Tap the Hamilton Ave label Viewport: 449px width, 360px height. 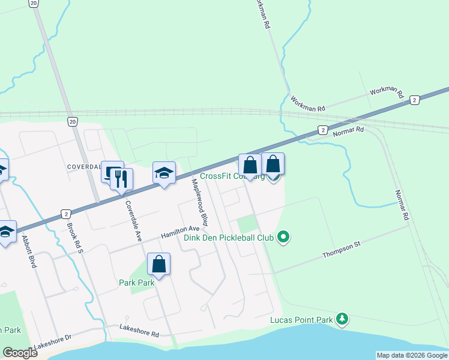179,233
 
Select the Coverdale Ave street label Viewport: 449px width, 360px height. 133,221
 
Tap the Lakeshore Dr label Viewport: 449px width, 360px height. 53,341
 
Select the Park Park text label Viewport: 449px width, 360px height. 136,283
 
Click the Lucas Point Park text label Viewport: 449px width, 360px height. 301,320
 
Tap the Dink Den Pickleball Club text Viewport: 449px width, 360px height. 229,238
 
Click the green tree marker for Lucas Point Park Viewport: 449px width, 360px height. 342,319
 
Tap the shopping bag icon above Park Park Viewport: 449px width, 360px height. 159,265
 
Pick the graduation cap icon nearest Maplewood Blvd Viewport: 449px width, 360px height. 164,173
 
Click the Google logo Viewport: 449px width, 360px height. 20,353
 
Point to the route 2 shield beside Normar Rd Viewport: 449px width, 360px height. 323,130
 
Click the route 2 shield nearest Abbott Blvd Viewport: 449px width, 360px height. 65,214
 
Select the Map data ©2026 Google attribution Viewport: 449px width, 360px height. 412,355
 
